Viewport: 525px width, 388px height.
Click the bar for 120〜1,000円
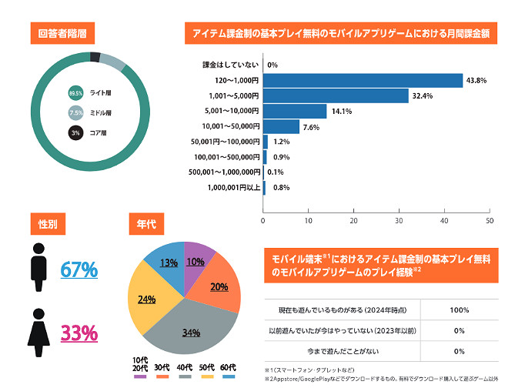(363, 80)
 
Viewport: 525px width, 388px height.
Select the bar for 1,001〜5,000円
(336, 95)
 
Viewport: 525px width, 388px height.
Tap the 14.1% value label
(342, 112)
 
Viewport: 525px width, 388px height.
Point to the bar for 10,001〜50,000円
(281, 126)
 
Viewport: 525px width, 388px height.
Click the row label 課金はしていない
(231, 65)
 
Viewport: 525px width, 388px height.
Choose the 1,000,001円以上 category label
(234, 187)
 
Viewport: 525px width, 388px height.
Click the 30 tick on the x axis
(399, 221)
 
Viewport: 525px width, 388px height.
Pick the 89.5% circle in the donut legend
(76, 92)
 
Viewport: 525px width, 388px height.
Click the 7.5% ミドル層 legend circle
(76, 112)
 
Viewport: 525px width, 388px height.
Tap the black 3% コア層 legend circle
(76, 132)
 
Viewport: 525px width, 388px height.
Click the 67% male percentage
(79, 269)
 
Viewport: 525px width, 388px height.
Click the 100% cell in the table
(459, 309)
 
